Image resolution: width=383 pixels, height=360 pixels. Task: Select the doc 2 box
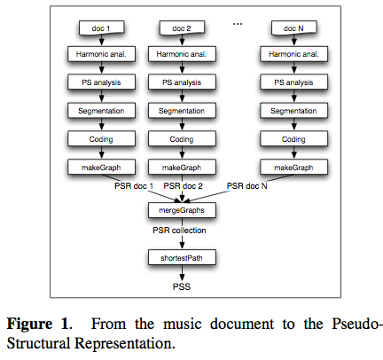tap(184, 30)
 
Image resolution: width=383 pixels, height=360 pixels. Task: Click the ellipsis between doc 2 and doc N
tap(237, 24)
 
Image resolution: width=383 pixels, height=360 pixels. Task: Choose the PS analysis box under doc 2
tap(184, 82)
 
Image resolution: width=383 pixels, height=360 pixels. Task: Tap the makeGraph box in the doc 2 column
tap(184, 167)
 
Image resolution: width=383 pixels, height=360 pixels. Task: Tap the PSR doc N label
tap(250, 186)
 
